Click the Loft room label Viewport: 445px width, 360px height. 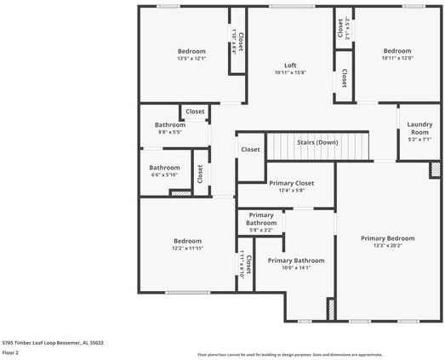coord(290,66)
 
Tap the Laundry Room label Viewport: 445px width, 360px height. coord(419,129)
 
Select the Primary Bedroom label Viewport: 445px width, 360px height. coord(387,238)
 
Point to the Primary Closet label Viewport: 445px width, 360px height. coord(291,183)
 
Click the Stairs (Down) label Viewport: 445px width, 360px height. coord(317,142)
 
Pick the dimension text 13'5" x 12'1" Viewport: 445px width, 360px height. coord(191,59)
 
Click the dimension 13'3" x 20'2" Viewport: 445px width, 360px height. coord(387,246)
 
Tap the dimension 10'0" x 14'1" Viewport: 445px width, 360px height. coord(295,268)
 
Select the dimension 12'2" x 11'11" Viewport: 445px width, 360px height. coord(187,249)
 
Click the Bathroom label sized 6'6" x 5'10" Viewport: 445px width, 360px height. coord(165,168)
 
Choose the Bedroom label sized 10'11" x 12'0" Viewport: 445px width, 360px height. coord(397,51)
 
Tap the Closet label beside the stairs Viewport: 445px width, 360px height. coord(250,150)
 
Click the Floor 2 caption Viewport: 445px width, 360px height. coord(11,351)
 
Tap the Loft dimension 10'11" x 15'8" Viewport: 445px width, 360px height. coord(290,73)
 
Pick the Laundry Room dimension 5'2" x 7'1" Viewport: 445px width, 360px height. coord(419,140)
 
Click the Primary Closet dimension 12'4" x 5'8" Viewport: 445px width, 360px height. coord(291,191)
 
